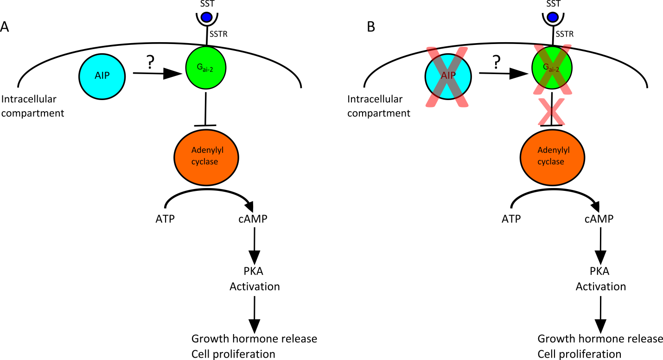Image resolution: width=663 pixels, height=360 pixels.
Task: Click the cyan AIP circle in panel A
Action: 102,76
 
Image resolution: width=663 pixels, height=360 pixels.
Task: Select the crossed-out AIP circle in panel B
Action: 448,76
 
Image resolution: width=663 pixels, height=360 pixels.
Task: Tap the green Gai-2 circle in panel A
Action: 206,68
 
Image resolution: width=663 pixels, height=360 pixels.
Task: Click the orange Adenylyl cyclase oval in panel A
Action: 206,158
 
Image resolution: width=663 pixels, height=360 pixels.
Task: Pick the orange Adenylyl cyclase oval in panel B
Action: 552,158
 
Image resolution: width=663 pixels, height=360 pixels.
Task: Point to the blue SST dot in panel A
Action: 207,17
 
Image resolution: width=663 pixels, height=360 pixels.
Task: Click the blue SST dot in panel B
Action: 553,17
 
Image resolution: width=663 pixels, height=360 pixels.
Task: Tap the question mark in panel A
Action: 151,62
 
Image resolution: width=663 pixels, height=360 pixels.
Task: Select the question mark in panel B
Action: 497,62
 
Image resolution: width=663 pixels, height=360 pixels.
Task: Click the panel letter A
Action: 5,26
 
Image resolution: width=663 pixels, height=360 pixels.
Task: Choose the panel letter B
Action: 371,26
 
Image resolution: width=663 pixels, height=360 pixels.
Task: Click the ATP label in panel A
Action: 165,219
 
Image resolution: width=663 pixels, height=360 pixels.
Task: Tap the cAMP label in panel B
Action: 599,219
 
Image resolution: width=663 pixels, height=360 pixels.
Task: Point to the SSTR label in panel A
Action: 218,34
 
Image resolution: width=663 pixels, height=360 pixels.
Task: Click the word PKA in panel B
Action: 599,271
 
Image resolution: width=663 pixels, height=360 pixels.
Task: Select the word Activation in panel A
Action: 255,287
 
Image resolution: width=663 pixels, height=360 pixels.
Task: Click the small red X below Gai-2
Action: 551,112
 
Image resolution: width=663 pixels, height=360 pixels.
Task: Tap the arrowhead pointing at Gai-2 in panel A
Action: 172,74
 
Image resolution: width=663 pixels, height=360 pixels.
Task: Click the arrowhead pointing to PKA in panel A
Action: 254,257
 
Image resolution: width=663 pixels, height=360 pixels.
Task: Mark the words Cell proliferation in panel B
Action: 579,354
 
